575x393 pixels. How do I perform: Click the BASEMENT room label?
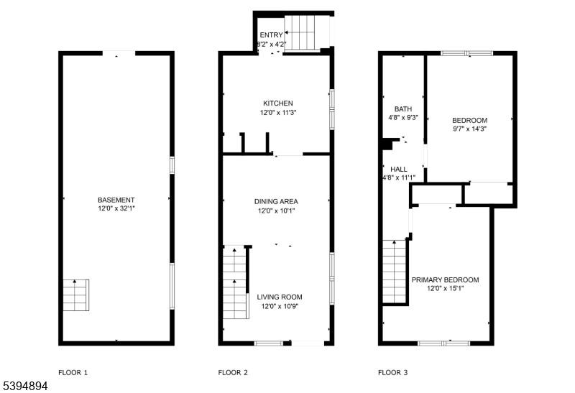[116, 200]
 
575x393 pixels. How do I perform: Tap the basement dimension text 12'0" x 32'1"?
[116, 208]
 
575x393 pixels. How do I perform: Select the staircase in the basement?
[76, 295]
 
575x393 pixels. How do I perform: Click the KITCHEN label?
[278, 103]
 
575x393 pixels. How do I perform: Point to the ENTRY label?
[272, 34]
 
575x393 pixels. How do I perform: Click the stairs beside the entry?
[300, 32]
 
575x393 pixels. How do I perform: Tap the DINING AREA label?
[276, 201]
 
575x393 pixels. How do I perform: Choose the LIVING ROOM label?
[280, 297]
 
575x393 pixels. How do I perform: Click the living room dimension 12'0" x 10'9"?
[280, 307]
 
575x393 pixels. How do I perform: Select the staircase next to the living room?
[234, 282]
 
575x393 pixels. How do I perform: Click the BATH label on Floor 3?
[403, 109]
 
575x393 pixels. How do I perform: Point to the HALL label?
[399, 169]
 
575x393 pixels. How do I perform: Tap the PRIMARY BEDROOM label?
[445, 279]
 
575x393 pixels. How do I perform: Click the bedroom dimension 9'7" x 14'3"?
[470, 129]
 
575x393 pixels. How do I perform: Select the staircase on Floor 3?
[395, 272]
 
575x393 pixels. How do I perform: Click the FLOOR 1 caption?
[73, 372]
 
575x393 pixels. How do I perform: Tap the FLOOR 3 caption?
[392, 372]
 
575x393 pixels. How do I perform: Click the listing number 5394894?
[25, 386]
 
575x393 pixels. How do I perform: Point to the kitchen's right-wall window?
[332, 109]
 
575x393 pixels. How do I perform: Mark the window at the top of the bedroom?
[467, 53]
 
